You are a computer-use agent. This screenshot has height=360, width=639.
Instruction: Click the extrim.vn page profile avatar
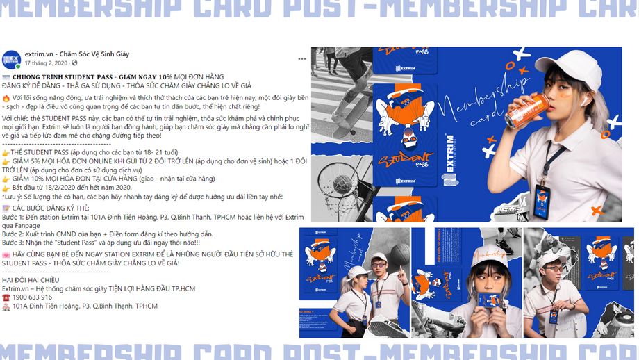click(11, 59)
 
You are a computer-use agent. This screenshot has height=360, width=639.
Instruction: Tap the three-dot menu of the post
click(302, 59)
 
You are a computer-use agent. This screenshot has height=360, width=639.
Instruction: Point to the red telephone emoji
click(6, 297)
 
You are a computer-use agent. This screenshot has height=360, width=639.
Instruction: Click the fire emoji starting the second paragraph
click(6, 98)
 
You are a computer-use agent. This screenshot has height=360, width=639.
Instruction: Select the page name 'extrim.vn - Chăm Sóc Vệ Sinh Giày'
click(77, 54)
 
